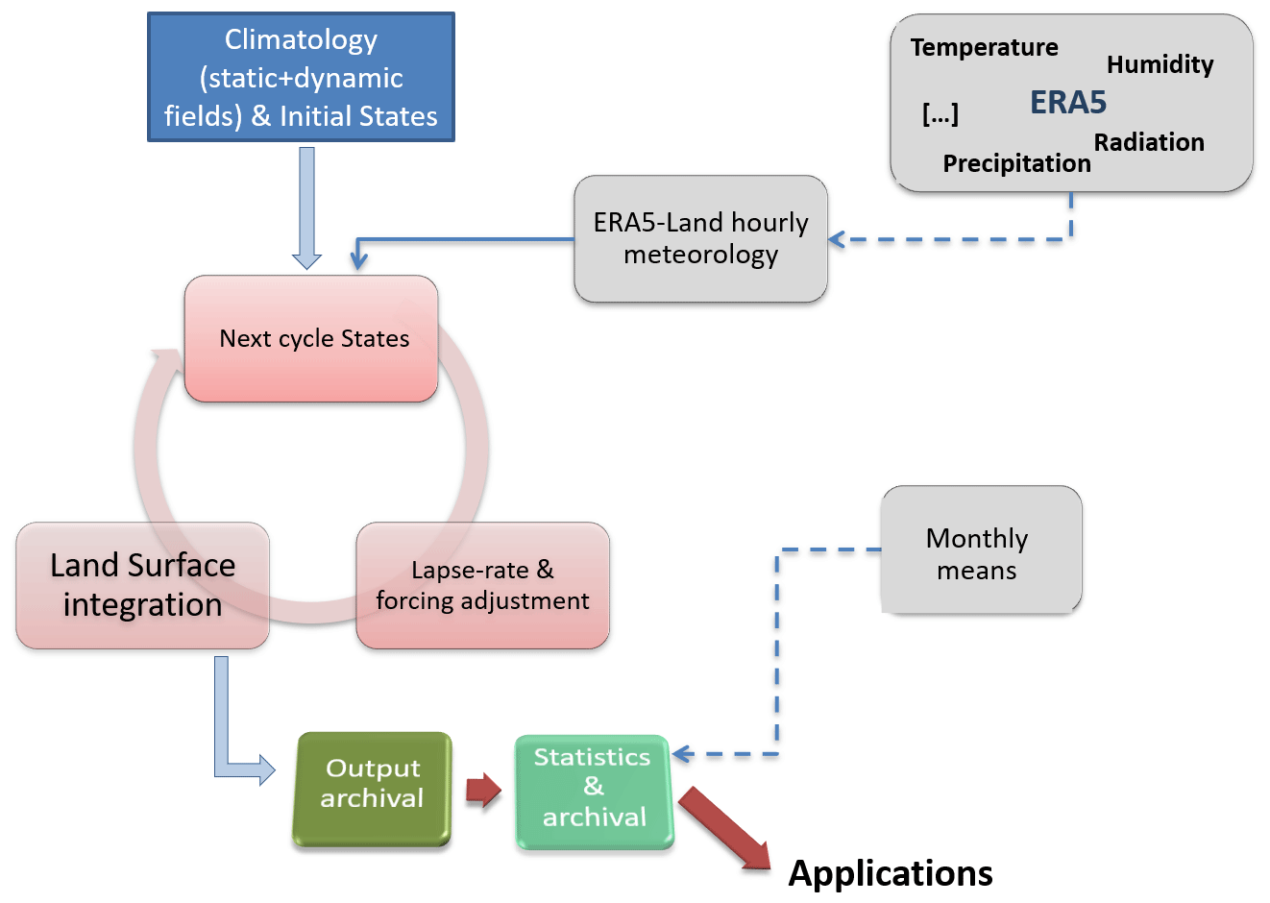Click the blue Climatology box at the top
click(x=301, y=77)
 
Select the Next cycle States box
click(x=311, y=338)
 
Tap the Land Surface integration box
click(x=142, y=584)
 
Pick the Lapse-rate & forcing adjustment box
click(x=482, y=584)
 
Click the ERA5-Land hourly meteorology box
click(x=700, y=238)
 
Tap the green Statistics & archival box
click(x=594, y=791)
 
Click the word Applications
click(x=891, y=873)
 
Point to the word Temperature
click(x=984, y=47)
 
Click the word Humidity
click(x=1160, y=64)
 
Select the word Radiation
click(x=1149, y=142)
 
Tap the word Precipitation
click(x=1016, y=163)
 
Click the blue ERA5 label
click(x=1068, y=102)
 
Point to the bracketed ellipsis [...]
click(x=940, y=114)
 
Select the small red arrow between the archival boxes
click(x=483, y=790)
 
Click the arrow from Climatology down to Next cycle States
click(x=306, y=207)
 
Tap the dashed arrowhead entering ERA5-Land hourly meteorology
click(x=836, y=239)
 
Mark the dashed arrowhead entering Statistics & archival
click(x=681, y=754)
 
